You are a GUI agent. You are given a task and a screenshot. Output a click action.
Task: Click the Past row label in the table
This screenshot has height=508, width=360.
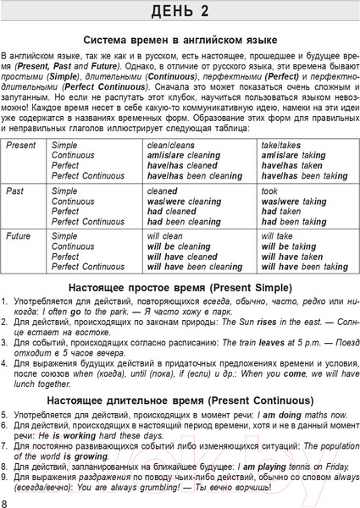15,192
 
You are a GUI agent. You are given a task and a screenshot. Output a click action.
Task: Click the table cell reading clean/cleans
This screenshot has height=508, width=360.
169,146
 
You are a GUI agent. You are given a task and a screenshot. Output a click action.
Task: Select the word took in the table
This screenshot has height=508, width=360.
271,192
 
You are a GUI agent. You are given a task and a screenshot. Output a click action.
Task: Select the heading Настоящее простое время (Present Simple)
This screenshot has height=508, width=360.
180,287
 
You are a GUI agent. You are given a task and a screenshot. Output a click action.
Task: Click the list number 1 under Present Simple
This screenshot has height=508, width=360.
5,301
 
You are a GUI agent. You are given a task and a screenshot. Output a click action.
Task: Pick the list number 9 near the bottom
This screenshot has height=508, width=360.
5,478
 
